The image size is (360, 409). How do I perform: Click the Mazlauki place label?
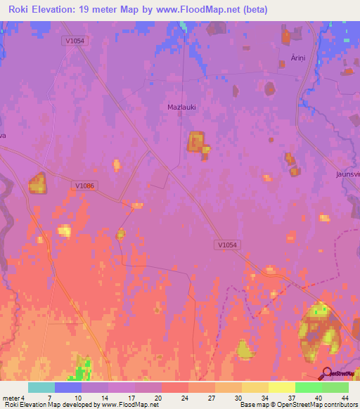pos(181,107)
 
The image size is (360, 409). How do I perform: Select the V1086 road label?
pos(84,186)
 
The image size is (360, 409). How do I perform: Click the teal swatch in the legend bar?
pos(41,387)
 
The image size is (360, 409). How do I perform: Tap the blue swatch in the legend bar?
pos(68,387)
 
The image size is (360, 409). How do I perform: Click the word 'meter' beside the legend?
pos(11,398)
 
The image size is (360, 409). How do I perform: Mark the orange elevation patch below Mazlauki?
pos(197,143)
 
